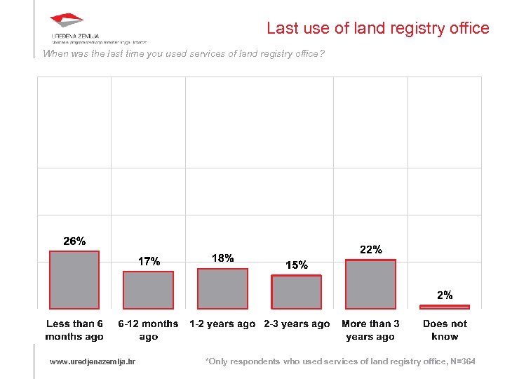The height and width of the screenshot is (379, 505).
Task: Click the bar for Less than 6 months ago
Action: tap(74, 280)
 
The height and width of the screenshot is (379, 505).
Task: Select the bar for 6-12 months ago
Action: tap(148, 290)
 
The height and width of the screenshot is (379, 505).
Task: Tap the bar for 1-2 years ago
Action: tap(222, 288)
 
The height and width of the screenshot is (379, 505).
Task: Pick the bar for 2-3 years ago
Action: tap(297, 292)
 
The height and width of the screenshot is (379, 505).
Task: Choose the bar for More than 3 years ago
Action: tap(370, 284)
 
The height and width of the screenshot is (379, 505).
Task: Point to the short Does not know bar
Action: tap(444, 307)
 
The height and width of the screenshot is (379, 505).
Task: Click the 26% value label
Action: tap(74, 241)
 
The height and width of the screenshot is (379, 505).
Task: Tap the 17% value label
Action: tap(149, 261)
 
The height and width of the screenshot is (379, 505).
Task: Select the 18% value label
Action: tap(222, 258)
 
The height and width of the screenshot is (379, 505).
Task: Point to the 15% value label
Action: tap(297, 265)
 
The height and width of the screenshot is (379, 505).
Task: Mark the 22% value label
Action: tap(370, 249)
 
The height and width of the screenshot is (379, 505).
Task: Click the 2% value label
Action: tap(445, 295)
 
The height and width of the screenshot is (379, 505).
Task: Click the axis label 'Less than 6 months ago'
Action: tap(74, 330)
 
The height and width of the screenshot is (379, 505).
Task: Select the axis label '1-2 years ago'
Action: tap(222, 324)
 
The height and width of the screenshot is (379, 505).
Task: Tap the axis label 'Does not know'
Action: tap(445, 330)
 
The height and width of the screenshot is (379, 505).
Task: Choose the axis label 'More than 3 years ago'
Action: tap(370, 330)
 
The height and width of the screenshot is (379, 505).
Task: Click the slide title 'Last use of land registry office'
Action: tap(377, 28)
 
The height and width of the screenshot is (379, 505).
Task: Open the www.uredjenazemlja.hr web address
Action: tap(93, 361)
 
